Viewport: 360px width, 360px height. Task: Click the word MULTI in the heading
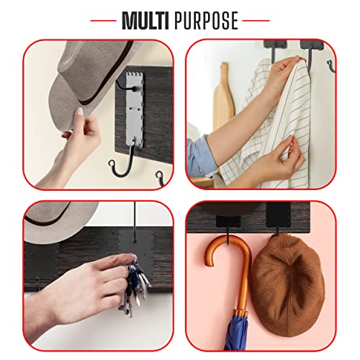point(145,21)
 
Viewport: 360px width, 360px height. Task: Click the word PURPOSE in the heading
point(206,21)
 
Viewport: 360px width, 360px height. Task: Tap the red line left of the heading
point(103,21)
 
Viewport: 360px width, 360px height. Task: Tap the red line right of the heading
point(256,21)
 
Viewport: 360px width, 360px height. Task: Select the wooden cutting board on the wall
point(223,96)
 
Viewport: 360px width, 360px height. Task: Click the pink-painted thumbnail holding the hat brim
point(79,112)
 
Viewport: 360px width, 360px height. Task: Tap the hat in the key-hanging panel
point(58,221)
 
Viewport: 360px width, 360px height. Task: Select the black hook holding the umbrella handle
point(228,236)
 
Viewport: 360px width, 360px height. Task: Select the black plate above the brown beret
point(279,215)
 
